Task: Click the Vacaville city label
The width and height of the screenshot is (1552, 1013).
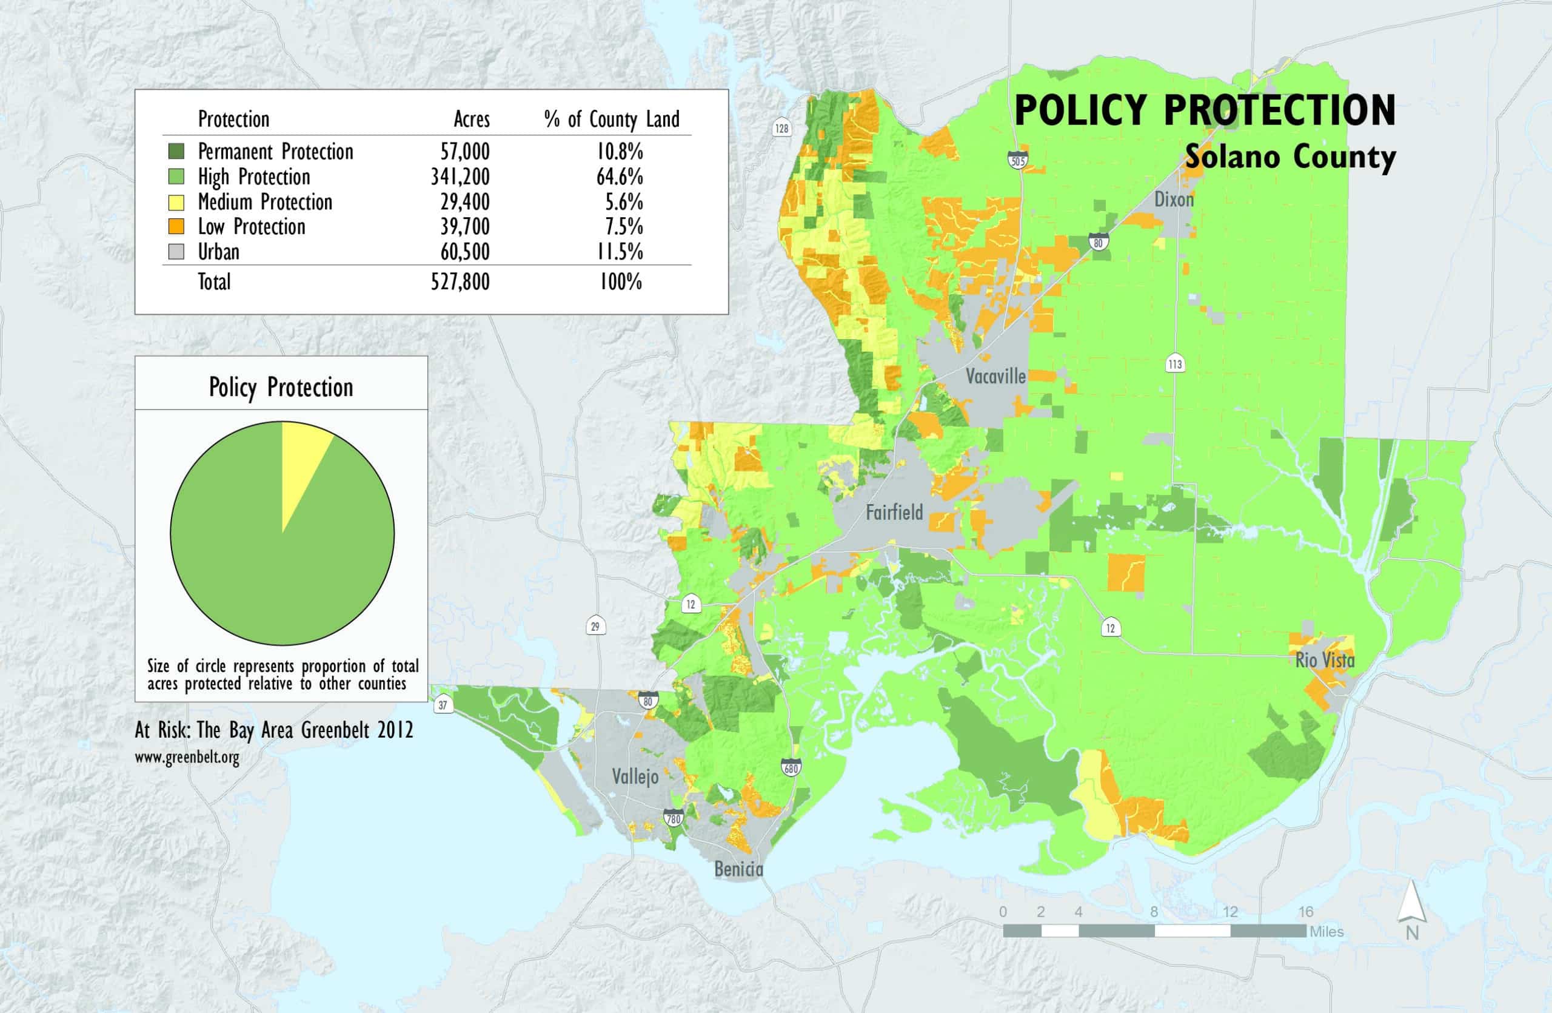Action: (995, 376)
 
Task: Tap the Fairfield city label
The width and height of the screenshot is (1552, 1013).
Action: (894, 512)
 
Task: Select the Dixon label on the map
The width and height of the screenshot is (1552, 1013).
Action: (1174, 199)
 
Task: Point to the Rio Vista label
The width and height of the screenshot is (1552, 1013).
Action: (1325, 660)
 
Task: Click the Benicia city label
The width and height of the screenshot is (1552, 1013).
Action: (738, 869)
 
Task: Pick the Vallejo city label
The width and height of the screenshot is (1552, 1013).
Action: (635, 777)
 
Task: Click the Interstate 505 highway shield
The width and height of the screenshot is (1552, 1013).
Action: (1017, 159)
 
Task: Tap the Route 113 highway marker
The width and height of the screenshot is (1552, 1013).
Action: (1175, 364)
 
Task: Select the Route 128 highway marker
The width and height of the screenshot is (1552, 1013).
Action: (781, 128)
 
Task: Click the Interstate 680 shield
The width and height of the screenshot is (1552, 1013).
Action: (791, 768)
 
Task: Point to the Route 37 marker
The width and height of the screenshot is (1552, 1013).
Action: (443, 705)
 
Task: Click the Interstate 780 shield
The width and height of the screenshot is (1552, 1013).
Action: (673, 818)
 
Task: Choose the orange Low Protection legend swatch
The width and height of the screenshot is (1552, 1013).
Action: (176, 226)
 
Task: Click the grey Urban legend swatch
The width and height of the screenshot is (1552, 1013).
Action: (176, 251)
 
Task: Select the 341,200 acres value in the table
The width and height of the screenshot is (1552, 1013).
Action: (460, 177)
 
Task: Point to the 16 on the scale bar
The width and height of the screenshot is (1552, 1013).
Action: (1305, 912)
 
